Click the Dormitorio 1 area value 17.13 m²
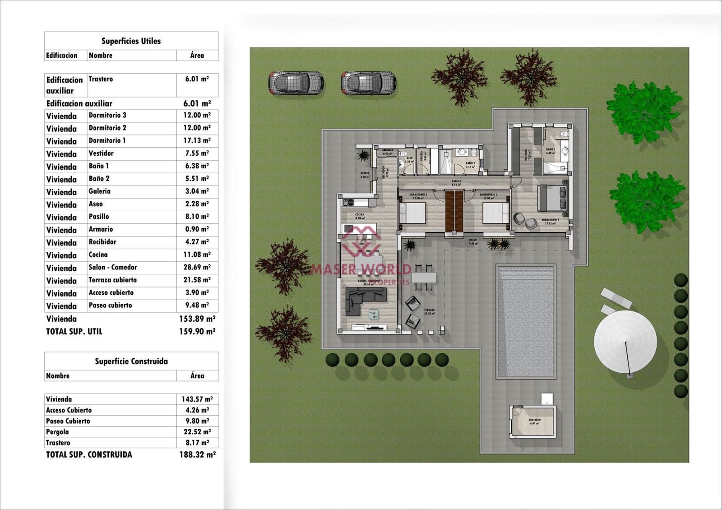(x=197, y=140)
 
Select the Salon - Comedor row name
(x=113, y=267)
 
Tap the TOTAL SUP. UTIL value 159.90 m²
(x=197, y=331)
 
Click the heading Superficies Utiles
(x=131, y=41)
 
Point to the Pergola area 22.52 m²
(x=197, y=432)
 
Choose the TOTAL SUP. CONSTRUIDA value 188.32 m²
(x=197, y=454)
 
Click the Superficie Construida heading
(x=131, y=361)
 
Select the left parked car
(x=296, y=83)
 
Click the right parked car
(x=368, y=83)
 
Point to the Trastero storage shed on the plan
(x=533, y=421)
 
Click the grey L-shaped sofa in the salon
(x=364, y=300)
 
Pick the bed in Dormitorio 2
(x=496, y=213)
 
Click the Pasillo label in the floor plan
(x=456, y=181)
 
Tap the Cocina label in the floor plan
(x=360, y=215)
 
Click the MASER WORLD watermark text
(x=361, y=269)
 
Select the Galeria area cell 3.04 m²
(x=197, y=191)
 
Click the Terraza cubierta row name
(x=112, y=280)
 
